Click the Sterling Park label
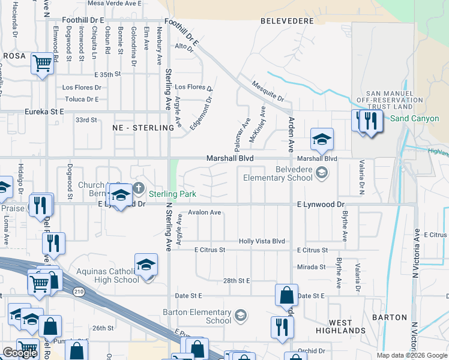(172, 194)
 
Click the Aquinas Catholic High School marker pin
(146, 266)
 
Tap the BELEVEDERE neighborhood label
(288, 21)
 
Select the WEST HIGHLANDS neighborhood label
(340, 326)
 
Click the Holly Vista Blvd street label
(262, 241)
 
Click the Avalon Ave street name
(205, 212)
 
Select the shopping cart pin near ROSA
(43, 64)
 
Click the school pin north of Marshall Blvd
(322, 140)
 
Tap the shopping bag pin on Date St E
(286, 295)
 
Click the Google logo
(20, 353)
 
